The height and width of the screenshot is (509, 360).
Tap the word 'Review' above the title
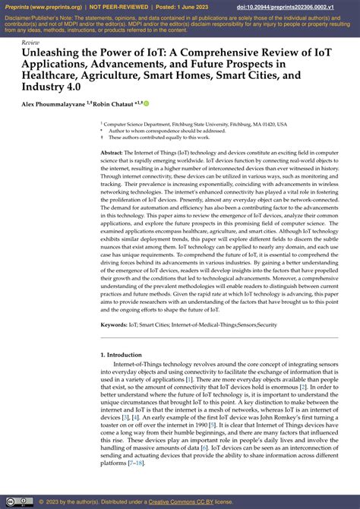pos(31,43)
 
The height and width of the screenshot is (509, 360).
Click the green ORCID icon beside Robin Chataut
pos(146,103)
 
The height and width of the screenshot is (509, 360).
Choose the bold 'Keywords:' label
pos(114,324)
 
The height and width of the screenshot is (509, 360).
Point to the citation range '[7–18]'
pos(137,463)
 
